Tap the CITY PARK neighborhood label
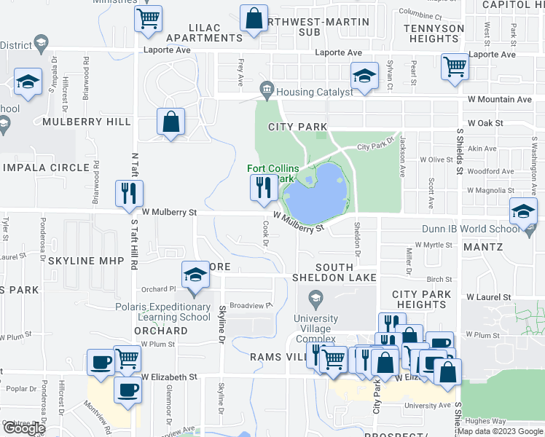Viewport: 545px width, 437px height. click(297, 127)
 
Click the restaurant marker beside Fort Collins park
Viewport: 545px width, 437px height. click(260, 189)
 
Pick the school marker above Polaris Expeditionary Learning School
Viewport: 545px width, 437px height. click(195, 275)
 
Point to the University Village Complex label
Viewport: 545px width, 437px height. click(315, 323)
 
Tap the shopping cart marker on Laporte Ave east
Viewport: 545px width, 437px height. click(455, 67)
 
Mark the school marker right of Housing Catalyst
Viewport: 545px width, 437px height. click(363, 75)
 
